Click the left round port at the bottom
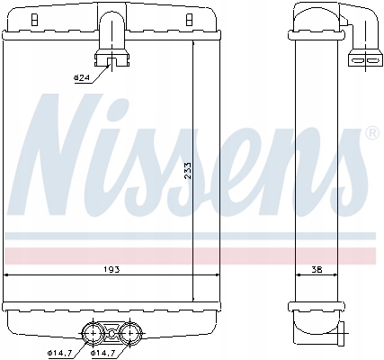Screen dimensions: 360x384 [x=93, y=333]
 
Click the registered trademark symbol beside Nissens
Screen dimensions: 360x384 [x=372, y=133]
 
